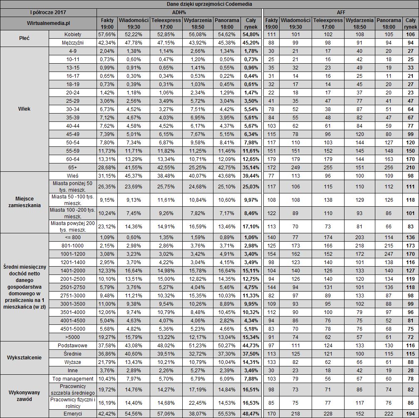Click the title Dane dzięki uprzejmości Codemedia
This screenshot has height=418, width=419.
209,4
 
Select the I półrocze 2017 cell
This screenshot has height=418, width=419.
49,12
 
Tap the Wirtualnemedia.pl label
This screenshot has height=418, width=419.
49,23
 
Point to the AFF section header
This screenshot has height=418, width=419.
341,12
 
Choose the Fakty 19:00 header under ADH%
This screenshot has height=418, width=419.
107,23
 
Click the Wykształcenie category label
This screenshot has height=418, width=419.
25,358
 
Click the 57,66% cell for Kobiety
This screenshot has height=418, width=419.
107,34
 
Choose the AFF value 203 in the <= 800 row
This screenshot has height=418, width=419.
360,237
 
